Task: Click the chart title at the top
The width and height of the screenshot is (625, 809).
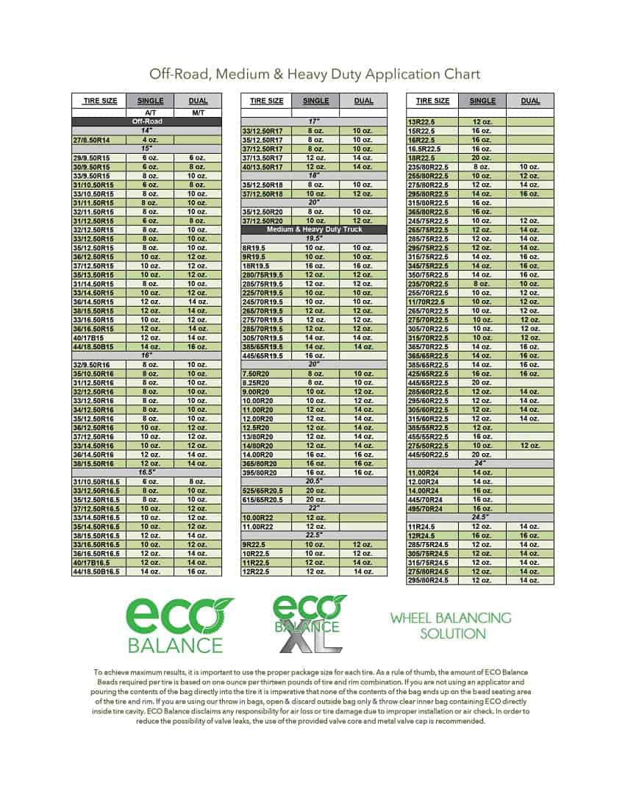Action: click(x=315, y=74)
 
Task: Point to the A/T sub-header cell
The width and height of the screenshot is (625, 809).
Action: click(x=150, y=113)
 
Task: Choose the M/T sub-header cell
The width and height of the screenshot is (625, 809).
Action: click(x=198, y=113)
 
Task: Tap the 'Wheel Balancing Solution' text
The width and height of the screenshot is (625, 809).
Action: click(x=451, y=625)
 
